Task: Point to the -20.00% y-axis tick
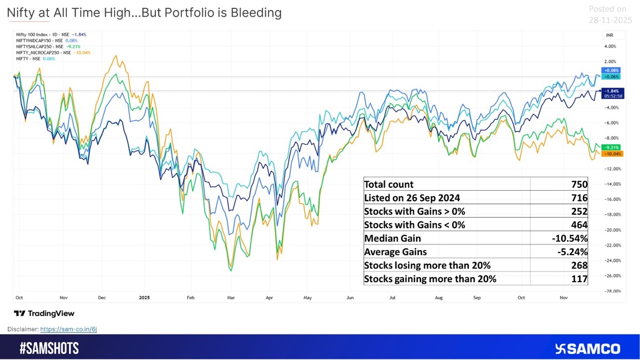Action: tap(614, 230)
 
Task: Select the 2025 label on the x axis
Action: tap(144, 297)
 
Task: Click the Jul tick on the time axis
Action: tap(392, 297)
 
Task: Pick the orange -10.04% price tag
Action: tap(612, 154)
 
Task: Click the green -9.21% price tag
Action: tap(611, 148)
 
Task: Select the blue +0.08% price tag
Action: tap(610, 71)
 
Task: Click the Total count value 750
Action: tap(579, 184)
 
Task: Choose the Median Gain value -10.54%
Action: tap(569, 238)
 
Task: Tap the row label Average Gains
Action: tap(395, 251)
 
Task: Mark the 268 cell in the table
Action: tap(579, 265)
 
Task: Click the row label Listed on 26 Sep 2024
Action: tap(412, 198)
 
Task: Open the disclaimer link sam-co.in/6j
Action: tap(68, 329)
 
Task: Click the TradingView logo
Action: tap(44, 313)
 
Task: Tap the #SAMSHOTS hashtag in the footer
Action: tap(49, 348)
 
